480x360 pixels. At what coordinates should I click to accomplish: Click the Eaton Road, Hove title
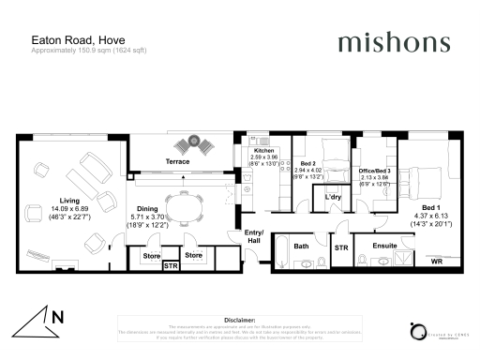point(64,39)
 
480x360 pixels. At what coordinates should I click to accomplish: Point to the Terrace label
point(178,162)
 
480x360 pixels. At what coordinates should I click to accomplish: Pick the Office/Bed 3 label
point(374,172)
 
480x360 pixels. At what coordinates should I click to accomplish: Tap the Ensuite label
point(384,247)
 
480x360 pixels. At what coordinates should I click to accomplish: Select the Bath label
point(301,247)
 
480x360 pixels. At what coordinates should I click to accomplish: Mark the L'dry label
point(332,198)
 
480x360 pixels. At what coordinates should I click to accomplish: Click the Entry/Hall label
point(254,236)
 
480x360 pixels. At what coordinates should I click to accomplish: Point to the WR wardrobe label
point(436,262)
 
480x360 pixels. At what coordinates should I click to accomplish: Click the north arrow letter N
point(57,318)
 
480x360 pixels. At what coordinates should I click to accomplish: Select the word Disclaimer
point(240,318)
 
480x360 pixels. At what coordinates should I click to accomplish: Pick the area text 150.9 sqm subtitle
point(80,50)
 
